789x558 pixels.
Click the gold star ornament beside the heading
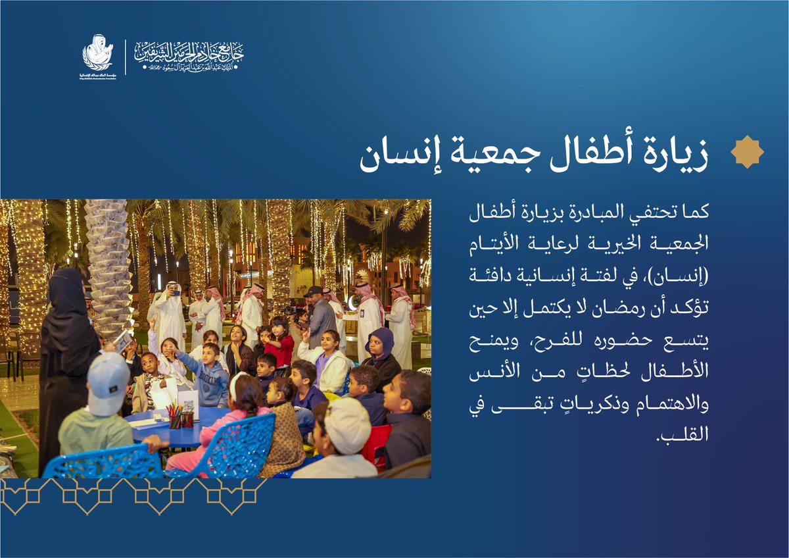coord(747,152)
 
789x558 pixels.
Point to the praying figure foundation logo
coord(97,53)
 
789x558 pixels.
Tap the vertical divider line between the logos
coord(125,57)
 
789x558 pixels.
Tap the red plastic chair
coord(376,443)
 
